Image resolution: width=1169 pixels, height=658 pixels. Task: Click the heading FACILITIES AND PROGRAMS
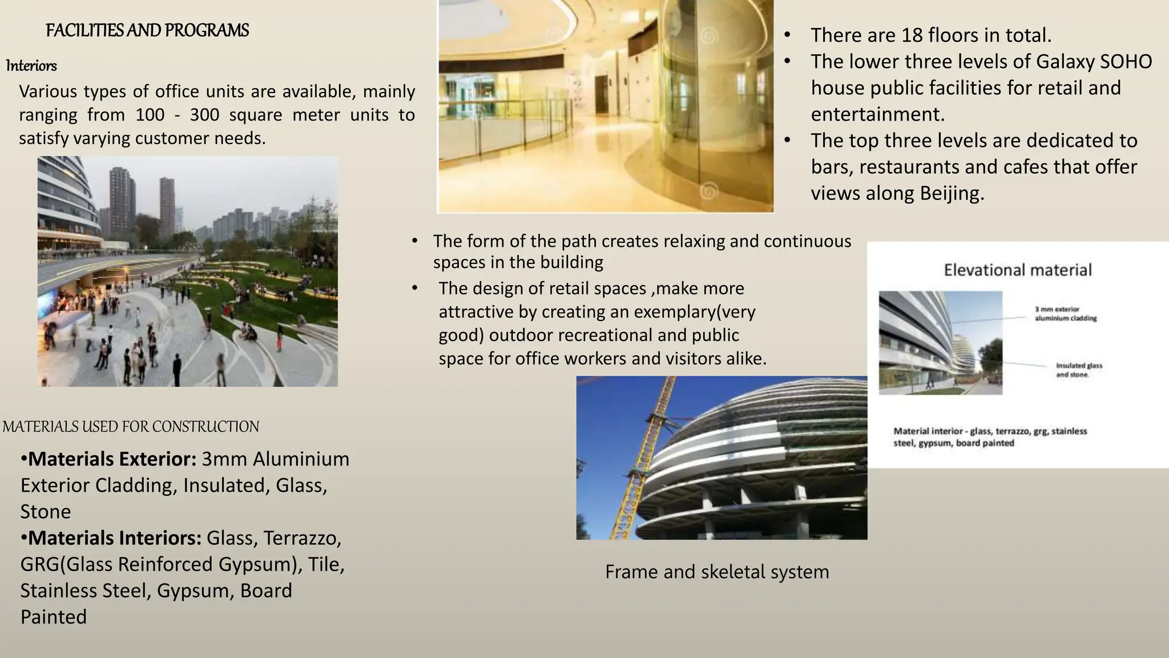[147, 30]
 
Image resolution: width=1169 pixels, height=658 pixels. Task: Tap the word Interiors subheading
[31, 66]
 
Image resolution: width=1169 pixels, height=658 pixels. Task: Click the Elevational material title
[1017, 270]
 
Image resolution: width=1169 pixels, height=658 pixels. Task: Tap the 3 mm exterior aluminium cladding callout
[1066, 314]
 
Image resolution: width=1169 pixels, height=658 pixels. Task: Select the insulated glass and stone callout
[1079, 370]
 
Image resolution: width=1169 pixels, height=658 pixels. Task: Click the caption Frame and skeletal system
[717, 572]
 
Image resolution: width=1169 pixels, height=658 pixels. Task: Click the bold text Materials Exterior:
[112, 459]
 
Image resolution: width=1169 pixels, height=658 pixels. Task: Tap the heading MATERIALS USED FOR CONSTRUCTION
[131, 427]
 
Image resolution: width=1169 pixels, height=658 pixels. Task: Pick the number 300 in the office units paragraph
[204, 115]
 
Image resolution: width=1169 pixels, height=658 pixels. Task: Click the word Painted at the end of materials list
[54, 617]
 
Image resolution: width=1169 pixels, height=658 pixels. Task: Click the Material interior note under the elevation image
[990, 437]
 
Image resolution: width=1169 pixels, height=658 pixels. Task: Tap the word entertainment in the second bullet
[878, 114]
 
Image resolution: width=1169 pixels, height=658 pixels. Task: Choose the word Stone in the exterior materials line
[46, 511]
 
